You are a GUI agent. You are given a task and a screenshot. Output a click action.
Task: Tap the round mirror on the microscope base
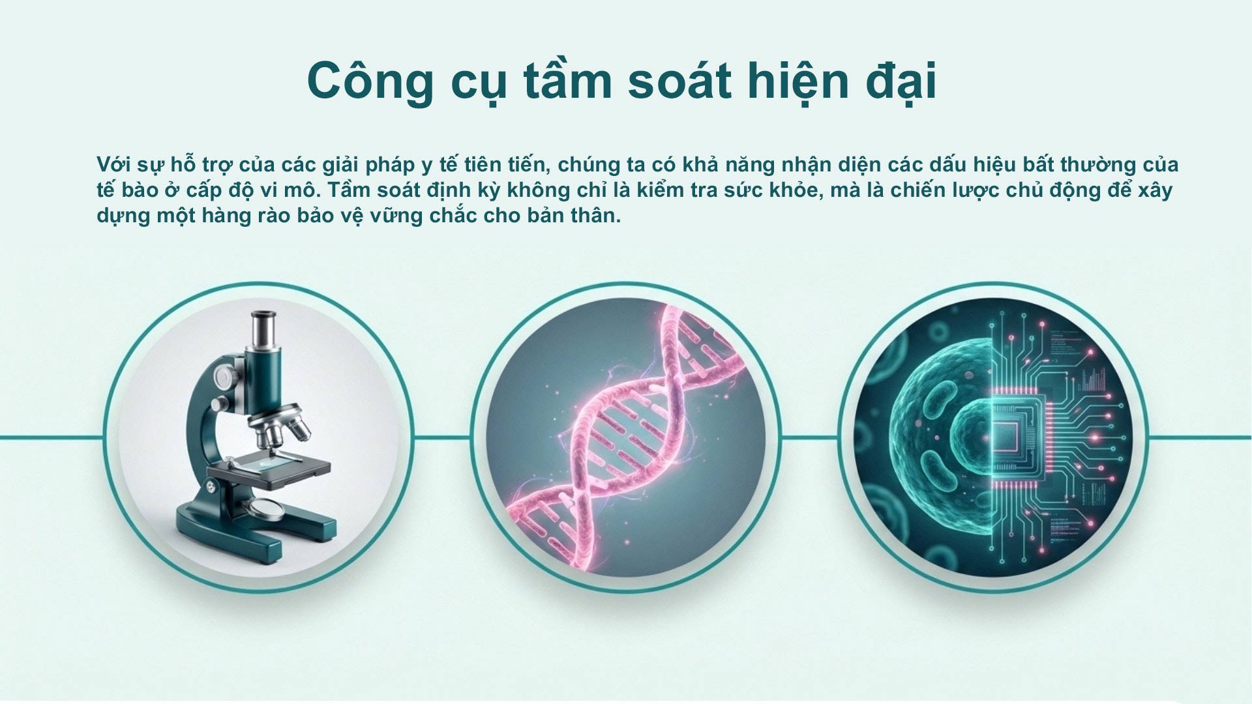(x=265, y=509)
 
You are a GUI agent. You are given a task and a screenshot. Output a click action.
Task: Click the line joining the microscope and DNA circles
(x=442, y=437)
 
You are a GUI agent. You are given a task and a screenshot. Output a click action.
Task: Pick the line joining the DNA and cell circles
(x=809, y=437)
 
